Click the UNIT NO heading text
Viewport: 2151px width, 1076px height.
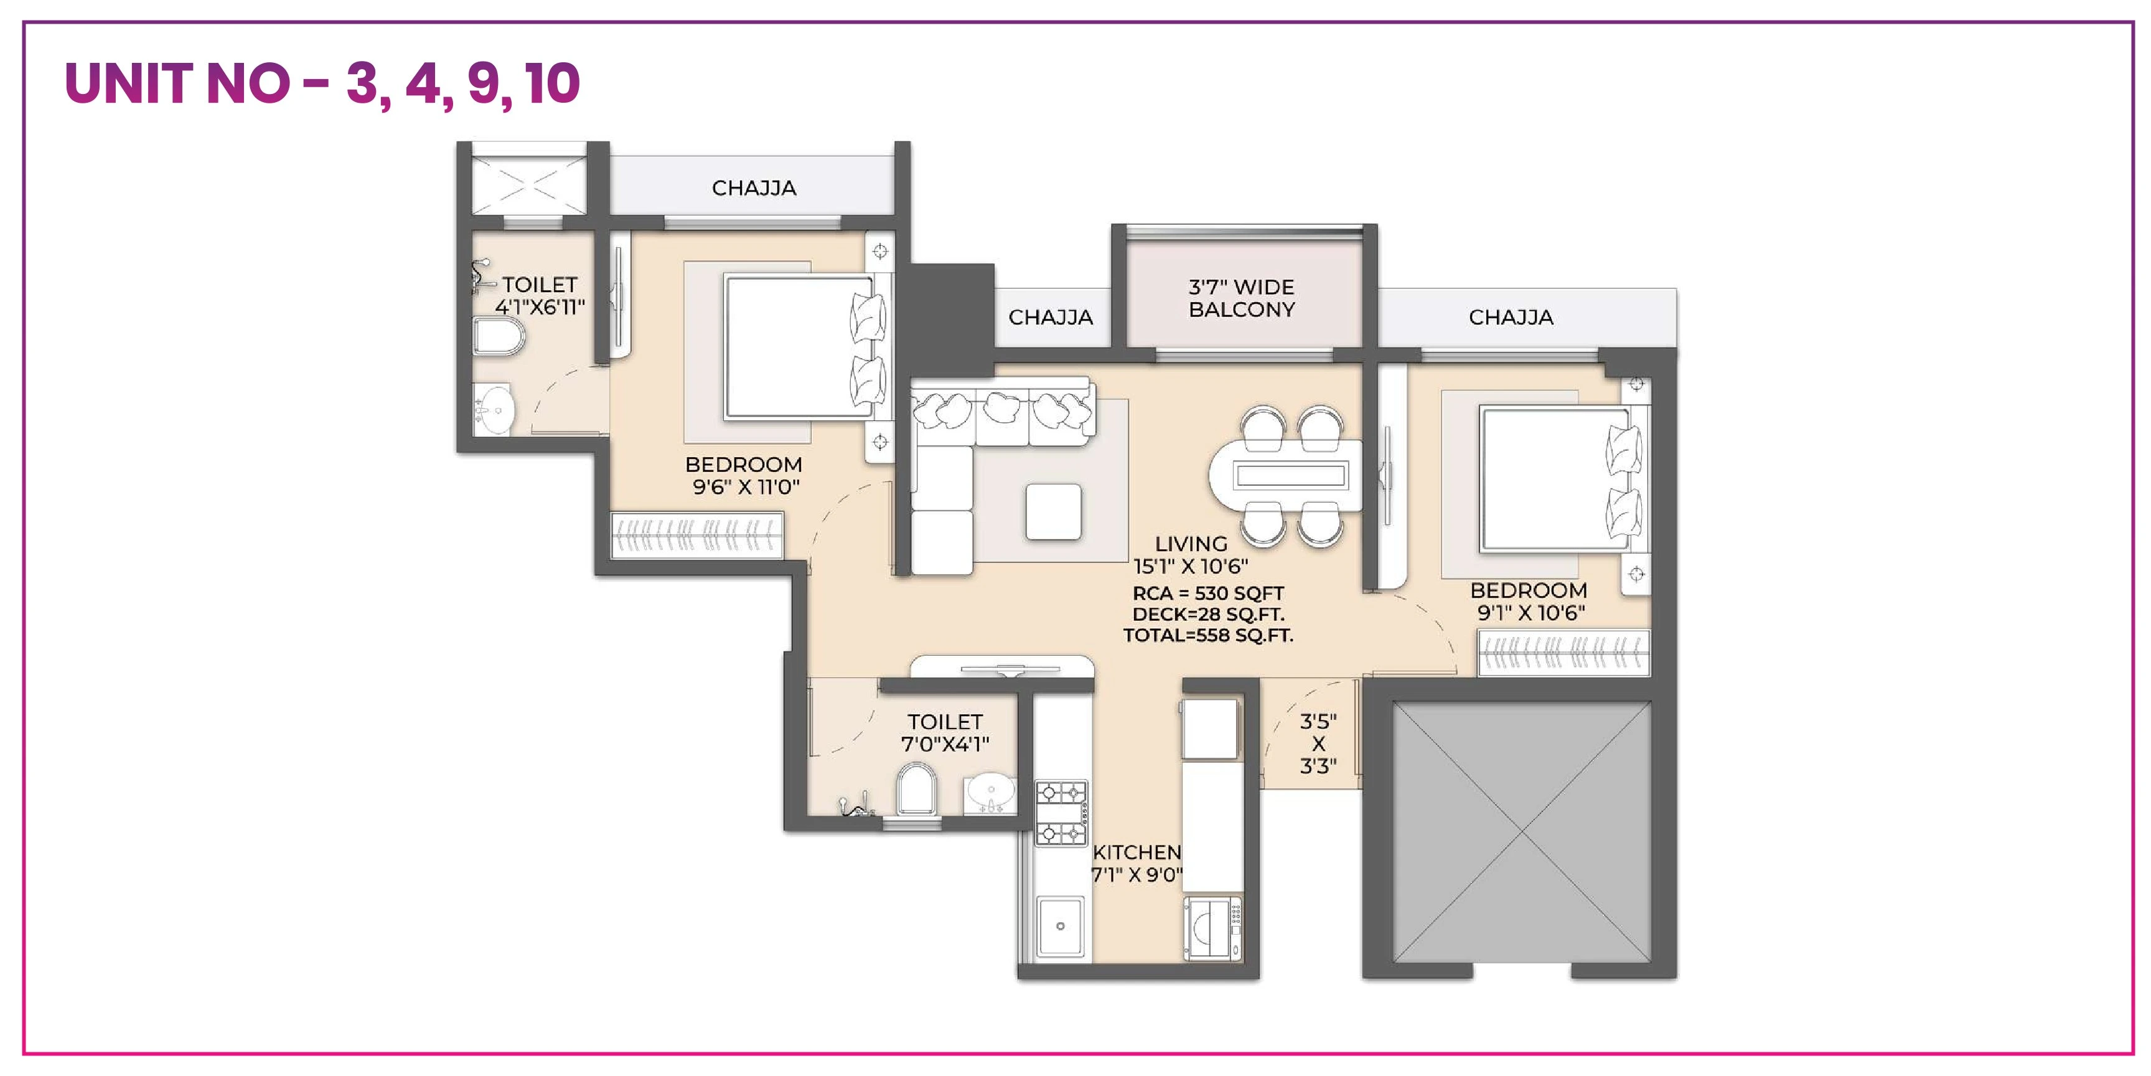tap(322, 83)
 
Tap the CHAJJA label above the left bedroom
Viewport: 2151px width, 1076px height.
tap(753, 188)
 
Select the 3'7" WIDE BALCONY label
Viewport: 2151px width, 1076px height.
tap(1241, 298)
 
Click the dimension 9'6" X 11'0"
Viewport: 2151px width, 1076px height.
tap(746, 487)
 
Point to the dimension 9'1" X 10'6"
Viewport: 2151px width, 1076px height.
tap(1530, 613)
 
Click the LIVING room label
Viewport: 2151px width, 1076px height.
tap(1191, 544)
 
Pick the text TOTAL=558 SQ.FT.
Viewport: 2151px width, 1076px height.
tap(1207, 636)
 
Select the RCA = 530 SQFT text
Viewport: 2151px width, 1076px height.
tap(1207, 594)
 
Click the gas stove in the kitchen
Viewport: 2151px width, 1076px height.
tap(1061, 812)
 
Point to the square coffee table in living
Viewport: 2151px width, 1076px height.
tap(1053, 511)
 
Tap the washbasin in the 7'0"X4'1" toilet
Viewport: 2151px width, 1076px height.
tap(990, 792)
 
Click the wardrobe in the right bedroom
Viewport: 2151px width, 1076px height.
tap(1563, 653)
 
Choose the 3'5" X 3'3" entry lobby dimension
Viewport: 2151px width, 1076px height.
tap(1318, 743)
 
